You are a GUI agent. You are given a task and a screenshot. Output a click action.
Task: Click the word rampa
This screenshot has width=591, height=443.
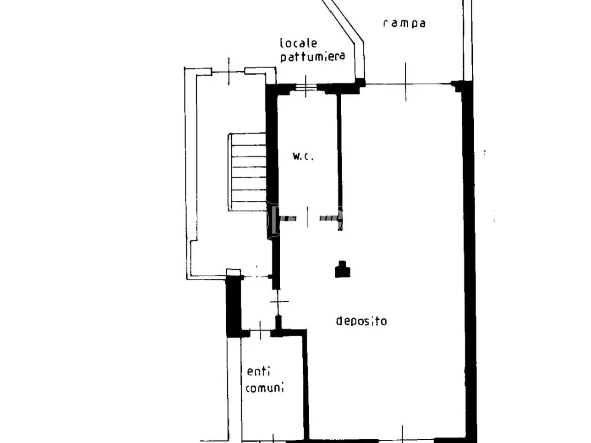(x=404, y=24)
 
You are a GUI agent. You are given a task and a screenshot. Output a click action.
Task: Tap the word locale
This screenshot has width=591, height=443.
(x=299, y=43)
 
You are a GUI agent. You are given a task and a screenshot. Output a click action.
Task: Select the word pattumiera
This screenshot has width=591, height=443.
(x=313, y=56)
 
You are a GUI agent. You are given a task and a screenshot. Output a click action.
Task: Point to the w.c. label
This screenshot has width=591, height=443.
(x=303, y=156)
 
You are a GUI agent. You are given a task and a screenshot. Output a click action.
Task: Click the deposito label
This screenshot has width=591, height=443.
(x=362, y=321)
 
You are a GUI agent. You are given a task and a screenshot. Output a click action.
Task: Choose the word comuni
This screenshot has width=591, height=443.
(x=265, y=388)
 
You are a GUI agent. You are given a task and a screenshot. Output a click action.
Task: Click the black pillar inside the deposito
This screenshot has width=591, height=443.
(x=342, y=269)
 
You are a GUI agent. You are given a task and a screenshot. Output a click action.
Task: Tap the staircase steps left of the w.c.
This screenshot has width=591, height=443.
(x=247, y=172)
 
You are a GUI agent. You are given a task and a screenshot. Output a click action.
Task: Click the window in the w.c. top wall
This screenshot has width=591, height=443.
(x=306, y=87)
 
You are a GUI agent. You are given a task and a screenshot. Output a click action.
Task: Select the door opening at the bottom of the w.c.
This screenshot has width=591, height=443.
(x=308, y=217)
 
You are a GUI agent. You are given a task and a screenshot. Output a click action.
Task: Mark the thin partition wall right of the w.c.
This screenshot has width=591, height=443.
(x=340, y=162)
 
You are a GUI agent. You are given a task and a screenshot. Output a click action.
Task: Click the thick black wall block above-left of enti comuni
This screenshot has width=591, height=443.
(x=234, y=306)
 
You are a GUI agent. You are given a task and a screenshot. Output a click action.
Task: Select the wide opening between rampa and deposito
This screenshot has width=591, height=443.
(x=408, y=84)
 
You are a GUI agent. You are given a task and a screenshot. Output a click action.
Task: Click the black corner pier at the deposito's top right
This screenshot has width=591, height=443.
(x=461, y=86)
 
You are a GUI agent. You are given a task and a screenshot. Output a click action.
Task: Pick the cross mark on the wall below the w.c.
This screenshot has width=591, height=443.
(x=279, y=301)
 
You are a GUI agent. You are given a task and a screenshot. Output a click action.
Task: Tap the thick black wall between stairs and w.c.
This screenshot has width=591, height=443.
(x=272, y=162)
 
